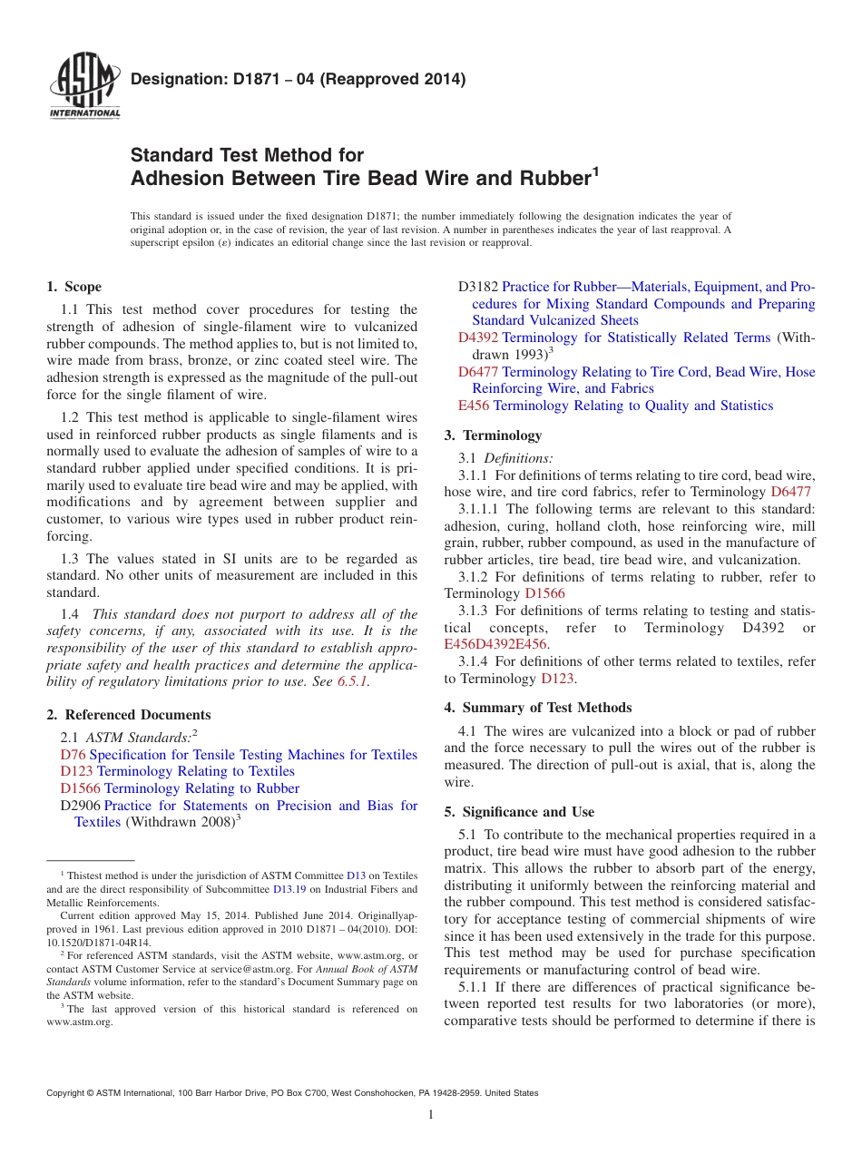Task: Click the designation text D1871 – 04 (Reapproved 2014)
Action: tap(299, 80)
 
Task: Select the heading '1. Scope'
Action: tap(73, 287)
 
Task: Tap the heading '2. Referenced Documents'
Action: tap(128, 715)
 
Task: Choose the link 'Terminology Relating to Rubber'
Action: tap(201, 788)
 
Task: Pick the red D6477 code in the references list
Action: tap(477, 372)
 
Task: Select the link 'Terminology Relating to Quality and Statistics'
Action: tap(632, 406)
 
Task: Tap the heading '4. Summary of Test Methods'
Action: tap(538, 708)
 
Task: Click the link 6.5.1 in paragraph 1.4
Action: tap(352, 682)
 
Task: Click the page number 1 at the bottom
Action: tap(431, 1115)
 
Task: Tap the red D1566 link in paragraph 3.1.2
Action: tap(544, 593)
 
